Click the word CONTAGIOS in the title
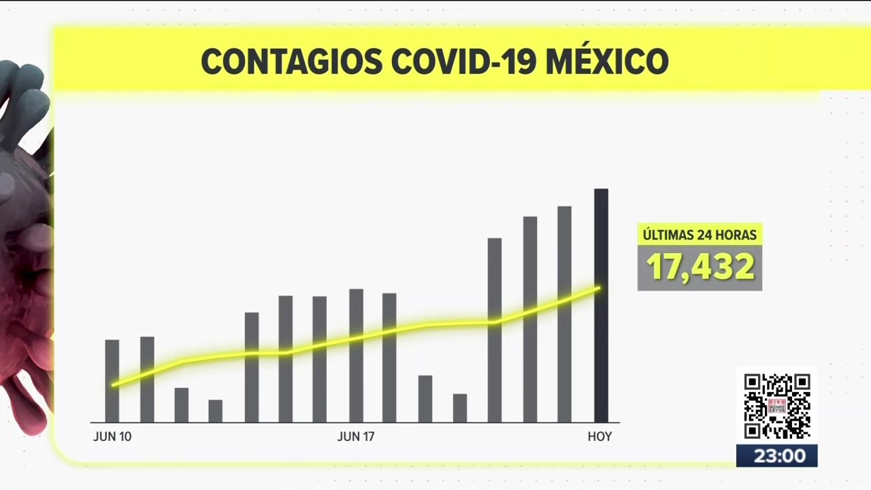coord(292,62)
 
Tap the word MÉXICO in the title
coord(608,61)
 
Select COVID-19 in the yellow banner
coord(463,62)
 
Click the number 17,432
coord(700,267)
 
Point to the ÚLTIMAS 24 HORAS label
coord(700,235)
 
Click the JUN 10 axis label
coord(112,437)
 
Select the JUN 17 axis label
coord(356,437)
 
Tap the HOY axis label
coord(599,437)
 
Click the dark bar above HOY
coord(601,306)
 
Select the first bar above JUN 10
coord(112,381)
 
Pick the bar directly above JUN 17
coord(356,355)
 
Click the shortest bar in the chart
coord(216,411)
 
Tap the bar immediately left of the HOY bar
coord(565,314)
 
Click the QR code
coord(777,406)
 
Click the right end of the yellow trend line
coord(599,288)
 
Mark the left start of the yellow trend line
coord(113,385)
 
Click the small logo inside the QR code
coord(777,406)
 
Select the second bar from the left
coord(147,380)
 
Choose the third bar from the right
coord(530,319)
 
